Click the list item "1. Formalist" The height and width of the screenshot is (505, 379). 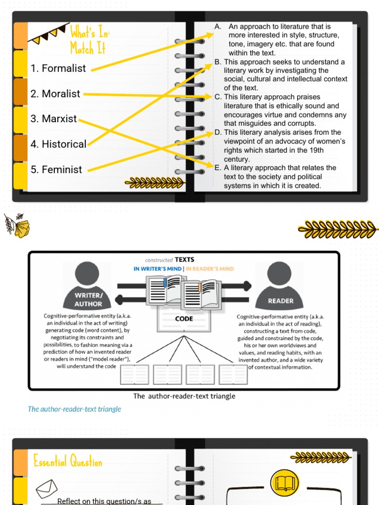point(58,69)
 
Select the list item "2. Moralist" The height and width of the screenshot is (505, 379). point(55,94)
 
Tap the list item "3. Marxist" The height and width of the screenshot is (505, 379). point(54,119)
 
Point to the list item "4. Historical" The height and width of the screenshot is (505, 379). point(58,144)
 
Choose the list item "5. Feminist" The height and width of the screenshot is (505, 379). point(56,170)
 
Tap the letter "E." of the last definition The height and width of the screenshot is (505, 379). point(218,168)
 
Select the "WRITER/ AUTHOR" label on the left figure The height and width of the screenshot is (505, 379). point(88,299)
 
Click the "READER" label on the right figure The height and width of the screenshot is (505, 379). point(280,300)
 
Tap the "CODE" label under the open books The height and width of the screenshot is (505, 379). point(184,319)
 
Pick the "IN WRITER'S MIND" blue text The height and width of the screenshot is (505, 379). point(157,269)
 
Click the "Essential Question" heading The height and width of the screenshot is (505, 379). point(68,462)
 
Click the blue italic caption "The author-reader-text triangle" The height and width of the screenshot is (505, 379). point(75,409)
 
